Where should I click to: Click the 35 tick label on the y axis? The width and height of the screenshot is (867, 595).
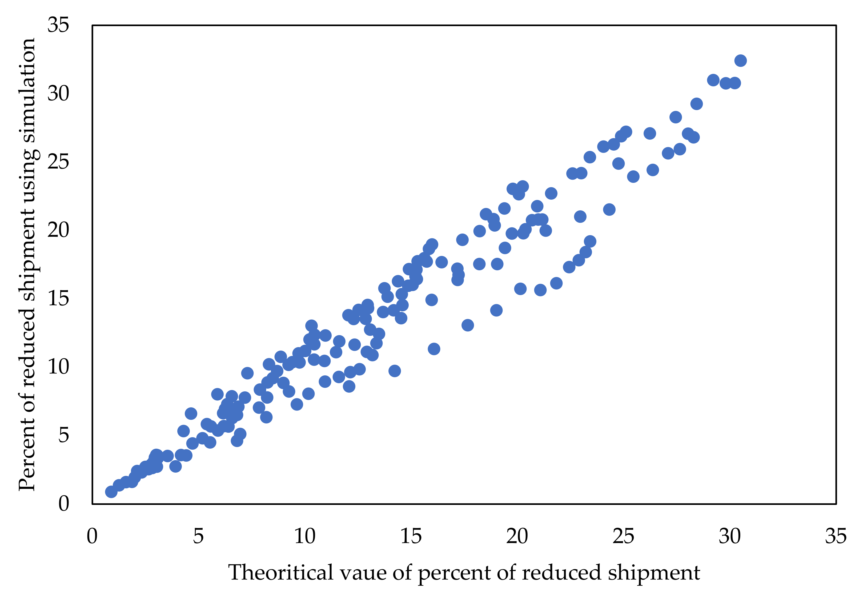click(59, 25)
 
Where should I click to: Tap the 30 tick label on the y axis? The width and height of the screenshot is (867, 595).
click(59, 94)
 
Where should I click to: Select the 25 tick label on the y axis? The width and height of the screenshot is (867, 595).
click(59, 162)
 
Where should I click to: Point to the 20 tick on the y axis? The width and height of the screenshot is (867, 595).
click(59, 230)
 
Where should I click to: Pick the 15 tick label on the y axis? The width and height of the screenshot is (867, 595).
click(59, 298)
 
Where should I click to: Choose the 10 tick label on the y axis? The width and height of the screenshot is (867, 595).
click(59, 367)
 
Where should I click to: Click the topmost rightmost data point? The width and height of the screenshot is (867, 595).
click(741, 61)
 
